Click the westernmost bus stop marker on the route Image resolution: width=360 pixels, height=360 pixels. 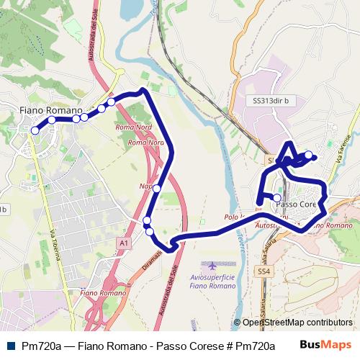(x=35, y=130)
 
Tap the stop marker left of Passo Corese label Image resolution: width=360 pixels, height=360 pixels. (x=277, y=197)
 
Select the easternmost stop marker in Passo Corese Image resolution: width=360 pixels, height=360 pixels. (x=309, y=155)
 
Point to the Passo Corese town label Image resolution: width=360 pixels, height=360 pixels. (x=297, y=204)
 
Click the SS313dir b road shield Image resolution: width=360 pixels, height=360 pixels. (x=271, y=102)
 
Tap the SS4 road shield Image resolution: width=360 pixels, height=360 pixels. (x=264, y=271)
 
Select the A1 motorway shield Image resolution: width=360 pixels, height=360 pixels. (x=124, y=244)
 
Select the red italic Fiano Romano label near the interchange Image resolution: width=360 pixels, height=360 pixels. (x=99, y=293)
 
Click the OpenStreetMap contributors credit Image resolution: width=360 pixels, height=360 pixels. (x=297, y=323)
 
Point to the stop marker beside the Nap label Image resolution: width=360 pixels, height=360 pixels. (x=156, y=189)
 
